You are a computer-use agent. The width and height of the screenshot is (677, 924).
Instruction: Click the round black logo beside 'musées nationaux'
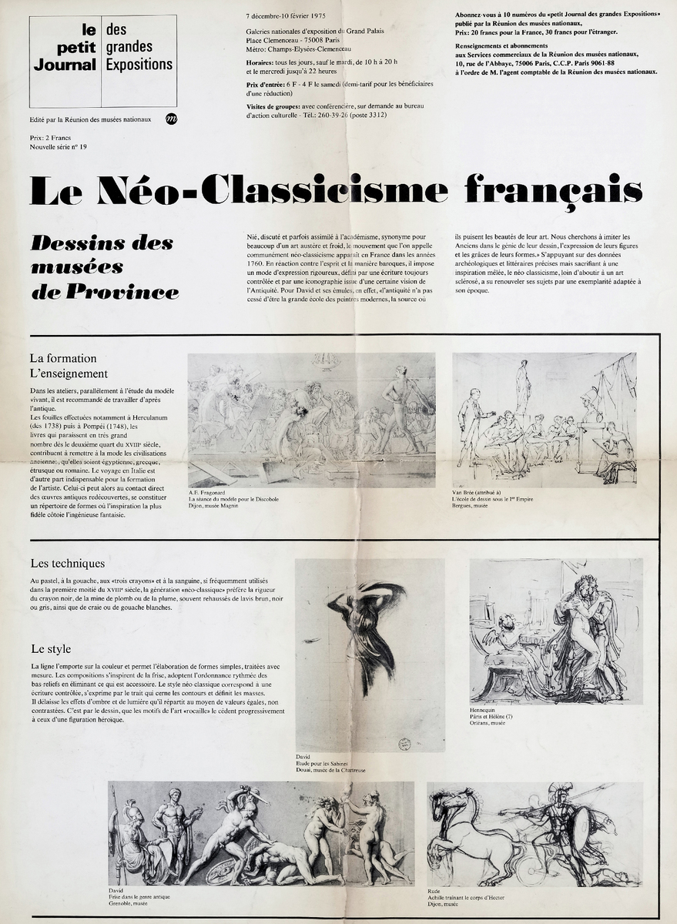pyautogui.click(x=171, y=119)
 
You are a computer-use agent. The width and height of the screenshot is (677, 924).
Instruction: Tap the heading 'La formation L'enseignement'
pyautogui.click(x=69, y=366)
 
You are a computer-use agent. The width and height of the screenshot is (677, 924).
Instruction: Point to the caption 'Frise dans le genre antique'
pyautogui.click(x=139, y=897)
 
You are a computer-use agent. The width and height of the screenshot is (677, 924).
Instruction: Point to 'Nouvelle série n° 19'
pyautogui.click(x=58, y=146)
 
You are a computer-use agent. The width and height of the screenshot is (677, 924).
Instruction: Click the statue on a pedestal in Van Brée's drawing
pyautogui.click(x=524, y=385)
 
